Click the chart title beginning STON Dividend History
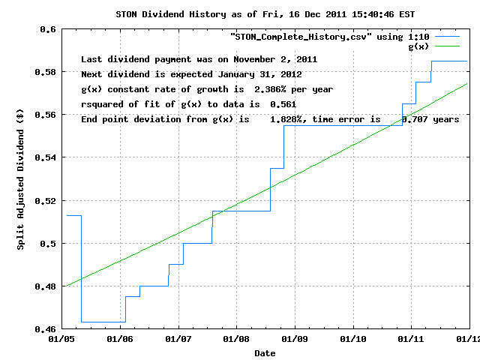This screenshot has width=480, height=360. click(239, 13)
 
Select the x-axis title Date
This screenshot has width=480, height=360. click(264, 352)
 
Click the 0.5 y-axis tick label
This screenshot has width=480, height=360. click(48, 244)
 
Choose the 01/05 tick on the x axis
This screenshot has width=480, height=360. click(61, 339)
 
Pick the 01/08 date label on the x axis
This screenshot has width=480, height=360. click(236, 339)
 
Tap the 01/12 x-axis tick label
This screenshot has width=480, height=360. click(469, 339)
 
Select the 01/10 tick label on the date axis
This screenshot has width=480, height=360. click(352, 339)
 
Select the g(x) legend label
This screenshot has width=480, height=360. click(417, 46)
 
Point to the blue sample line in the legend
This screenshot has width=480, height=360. click(449, 36)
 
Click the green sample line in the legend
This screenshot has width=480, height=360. click(449, 46)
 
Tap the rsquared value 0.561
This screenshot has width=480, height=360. click(281, 104)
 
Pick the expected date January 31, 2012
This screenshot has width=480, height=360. click(261, 74)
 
